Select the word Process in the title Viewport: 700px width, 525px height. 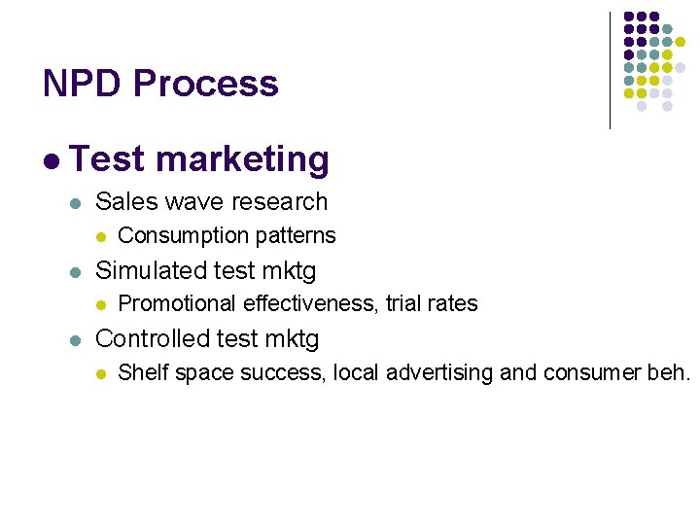[205, 84]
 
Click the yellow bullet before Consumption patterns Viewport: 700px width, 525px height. [101, 236]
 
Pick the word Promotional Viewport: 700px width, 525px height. [177, 303]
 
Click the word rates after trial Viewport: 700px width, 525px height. [452, 303]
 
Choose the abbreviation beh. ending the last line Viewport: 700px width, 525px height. [669, 372]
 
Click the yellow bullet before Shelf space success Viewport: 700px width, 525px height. [101, 373]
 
